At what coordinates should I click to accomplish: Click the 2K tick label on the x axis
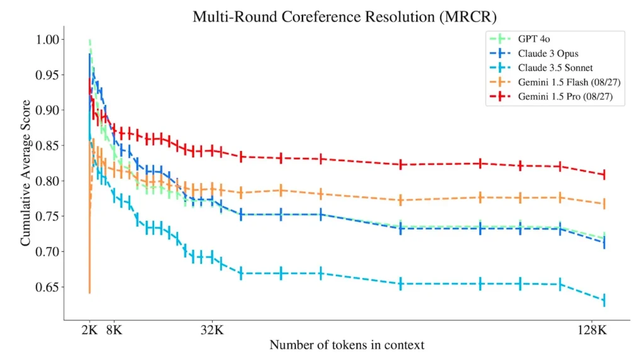[90, 329]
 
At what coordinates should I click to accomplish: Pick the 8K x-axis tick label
[114, 329]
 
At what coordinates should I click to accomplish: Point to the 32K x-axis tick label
[212, 329]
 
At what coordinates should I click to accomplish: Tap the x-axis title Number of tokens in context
[347, 346]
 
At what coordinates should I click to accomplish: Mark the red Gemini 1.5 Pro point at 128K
[604, 174]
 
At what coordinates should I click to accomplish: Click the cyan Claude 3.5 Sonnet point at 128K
[604, 301]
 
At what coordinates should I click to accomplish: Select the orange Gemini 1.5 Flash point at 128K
[604, 204]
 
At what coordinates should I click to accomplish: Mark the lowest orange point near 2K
[90, 293]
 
